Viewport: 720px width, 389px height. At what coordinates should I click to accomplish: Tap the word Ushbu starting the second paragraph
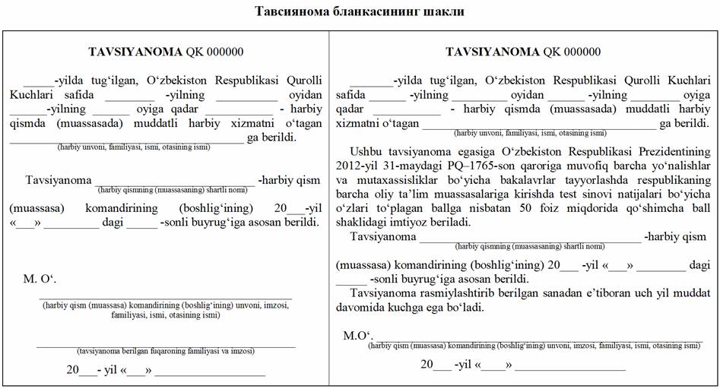[366, 151]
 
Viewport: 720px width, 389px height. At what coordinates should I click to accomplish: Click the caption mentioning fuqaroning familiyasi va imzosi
[165, 352]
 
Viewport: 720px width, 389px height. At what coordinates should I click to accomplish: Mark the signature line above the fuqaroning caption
[165, 346]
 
